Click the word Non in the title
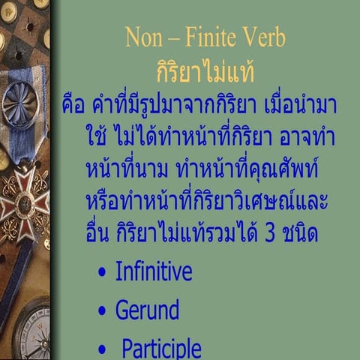(143, 37)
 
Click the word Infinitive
(153, 271)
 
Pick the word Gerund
(147, 310)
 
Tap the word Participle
(161, 348)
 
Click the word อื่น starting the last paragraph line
(102, 234)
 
